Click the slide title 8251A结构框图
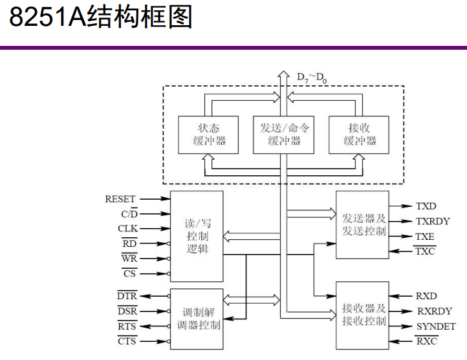click(101, 17)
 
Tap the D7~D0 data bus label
click(311, 78)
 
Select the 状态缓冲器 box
click(204, 134)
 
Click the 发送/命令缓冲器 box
click(285, 134)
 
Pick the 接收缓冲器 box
click(359, 134)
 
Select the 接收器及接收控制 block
click(363, 315)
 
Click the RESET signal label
click(120, 199)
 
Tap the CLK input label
click(127, 229)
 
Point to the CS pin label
click(129, 274)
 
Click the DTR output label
click(127, 296)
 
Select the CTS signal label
click(127, 341)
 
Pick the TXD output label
click(426, 206)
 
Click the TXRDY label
click(432, 221)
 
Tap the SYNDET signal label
click(435, 326)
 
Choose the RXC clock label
click(426, 341)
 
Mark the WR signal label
click(129, 259)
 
